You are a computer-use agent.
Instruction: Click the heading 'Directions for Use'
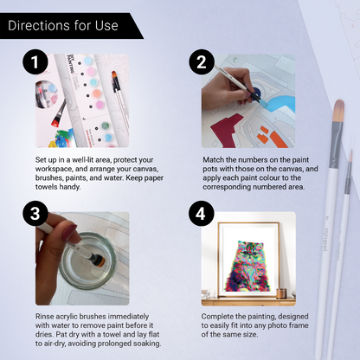(x=62, y=25)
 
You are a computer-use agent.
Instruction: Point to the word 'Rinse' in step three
(x=47, y=315)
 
